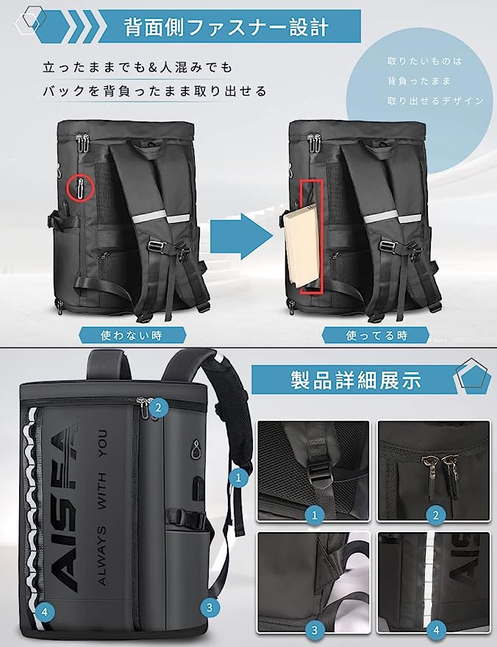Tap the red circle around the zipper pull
coord(79,187)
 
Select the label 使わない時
coord(132,335)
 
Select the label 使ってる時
coord(376,336)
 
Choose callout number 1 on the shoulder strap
coord(237,478)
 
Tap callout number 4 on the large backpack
coord(46,610)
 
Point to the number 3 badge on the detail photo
coord(314,629)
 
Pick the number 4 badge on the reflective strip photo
coord(436,629)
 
